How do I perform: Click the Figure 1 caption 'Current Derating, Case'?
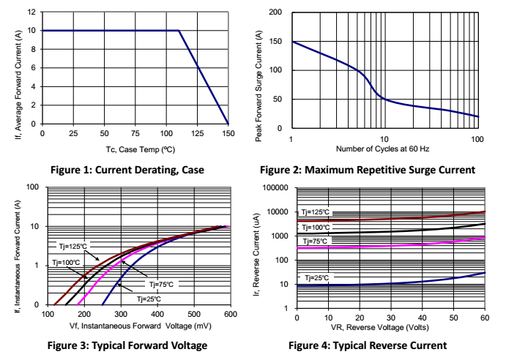coord(127,170)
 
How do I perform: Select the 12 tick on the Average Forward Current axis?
coord(31,12)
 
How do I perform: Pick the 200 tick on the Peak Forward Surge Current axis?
coord(277,12)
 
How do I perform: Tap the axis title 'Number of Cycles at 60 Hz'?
coord(384,149)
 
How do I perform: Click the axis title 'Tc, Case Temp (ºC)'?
coord(136,149)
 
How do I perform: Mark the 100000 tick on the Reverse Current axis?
coord(275,188)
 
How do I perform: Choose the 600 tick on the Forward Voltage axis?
coord(229,314)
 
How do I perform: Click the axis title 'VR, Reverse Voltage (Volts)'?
coord(390,327)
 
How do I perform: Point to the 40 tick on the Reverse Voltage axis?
coord(422,317)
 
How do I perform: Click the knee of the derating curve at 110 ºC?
coord(179,31)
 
